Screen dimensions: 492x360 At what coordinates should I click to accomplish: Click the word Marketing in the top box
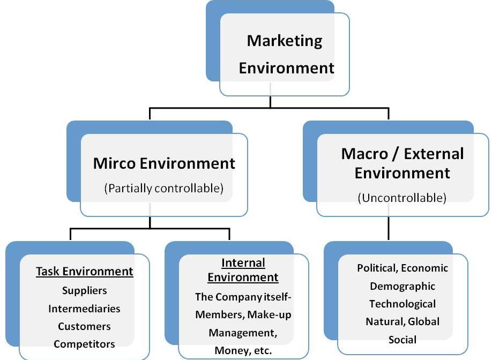285,41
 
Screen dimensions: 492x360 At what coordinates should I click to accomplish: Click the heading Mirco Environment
164,163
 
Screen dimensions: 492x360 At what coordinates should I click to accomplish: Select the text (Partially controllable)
165,188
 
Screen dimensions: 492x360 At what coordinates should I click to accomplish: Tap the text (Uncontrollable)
402,198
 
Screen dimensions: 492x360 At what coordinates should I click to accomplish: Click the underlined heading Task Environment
85,272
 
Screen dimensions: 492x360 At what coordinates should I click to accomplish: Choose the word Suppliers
85,291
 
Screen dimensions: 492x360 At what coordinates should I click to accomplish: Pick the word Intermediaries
85,309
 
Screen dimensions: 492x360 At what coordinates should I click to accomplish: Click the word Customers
85,326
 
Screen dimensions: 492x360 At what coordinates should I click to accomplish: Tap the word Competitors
85,343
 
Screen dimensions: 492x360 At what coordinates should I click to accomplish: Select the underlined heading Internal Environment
243,270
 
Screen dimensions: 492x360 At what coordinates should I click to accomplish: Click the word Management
243,333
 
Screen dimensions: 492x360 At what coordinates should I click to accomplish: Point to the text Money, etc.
243,350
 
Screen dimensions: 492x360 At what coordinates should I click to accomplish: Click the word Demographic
402,286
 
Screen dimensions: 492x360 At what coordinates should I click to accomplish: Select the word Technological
402,304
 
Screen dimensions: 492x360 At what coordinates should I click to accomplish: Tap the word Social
402,339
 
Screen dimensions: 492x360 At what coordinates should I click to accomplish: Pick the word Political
376,268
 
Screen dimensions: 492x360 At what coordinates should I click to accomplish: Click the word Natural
384,321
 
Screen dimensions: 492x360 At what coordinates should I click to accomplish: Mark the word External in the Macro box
434,154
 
